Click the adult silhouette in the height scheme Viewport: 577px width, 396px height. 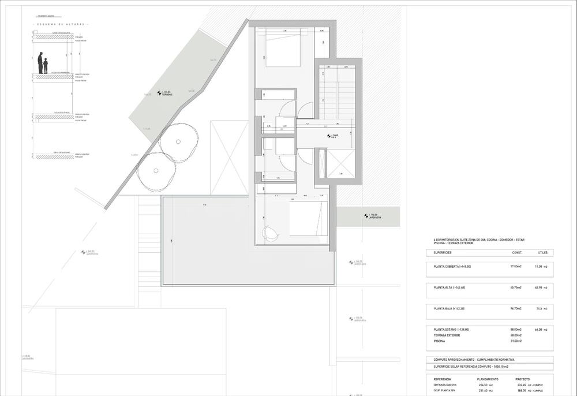point(40,63)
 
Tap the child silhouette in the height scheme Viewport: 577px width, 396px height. point(46,66)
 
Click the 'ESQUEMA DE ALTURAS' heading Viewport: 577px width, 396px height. point(61,25)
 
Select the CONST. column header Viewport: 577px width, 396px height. point(518,253)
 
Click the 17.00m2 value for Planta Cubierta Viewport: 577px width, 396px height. point(517,266)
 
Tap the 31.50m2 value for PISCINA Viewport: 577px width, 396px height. point(516,341)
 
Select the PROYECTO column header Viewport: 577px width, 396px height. point(522,379)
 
